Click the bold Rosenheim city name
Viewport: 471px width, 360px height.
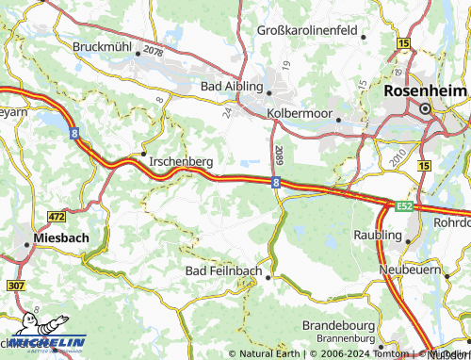click(x=426, y=91)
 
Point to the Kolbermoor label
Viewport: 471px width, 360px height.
click(x=299, y=112)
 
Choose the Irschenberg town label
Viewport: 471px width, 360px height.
click(x=181, y=162)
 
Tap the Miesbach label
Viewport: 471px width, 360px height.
click(x=61, y=237)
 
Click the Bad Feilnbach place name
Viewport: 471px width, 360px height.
click(x=220, y=271)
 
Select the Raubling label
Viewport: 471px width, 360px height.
click(x=376, y=234)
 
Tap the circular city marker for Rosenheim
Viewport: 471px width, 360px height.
click(x=425, y=109)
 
